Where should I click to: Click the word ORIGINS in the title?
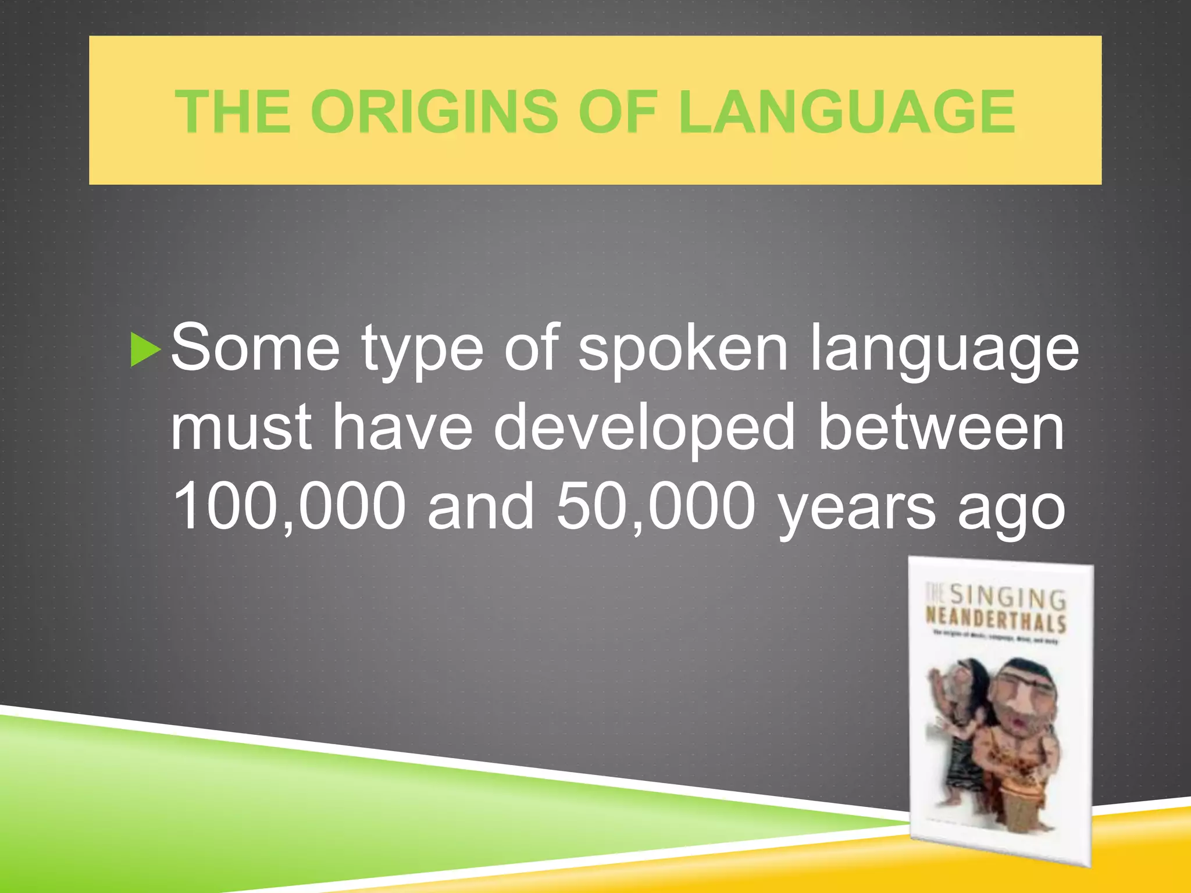point(434,112)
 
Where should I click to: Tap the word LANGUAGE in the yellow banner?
point(846,112)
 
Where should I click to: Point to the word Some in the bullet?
point(255,349)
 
